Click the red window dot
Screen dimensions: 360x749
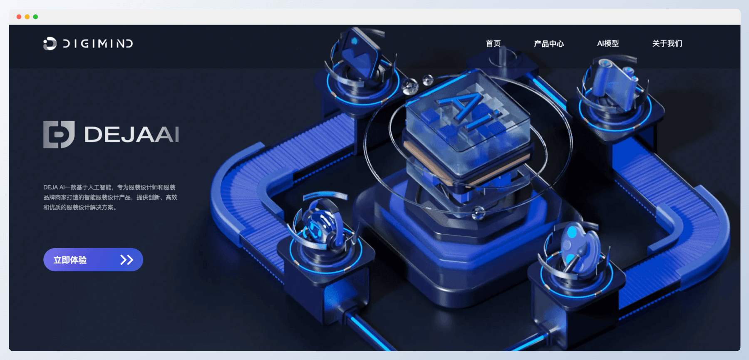pyautogui.click(x=19, y=17)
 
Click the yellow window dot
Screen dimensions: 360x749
pyautogui.click(x=27, y=17)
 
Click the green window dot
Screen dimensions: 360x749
pyautogui.click(x=35, y=17)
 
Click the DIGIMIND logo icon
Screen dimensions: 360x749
pyautogui.click(x=50, y=43)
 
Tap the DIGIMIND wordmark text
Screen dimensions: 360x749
pyautogui.click(x=98, y=44)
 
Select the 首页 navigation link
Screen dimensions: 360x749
pyautogui.click(x=493, y=43)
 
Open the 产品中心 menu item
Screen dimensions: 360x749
pyautogui.click(x=549, y=44)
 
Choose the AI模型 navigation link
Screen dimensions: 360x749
pyautogui.click(x=608, y=43)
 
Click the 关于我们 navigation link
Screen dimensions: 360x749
pyautogui.click(x=667, y=43)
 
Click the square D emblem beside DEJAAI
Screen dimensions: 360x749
pyautogui.click(x=59, y=134)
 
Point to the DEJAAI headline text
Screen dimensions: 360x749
pyautogui.click(x=132, y=134)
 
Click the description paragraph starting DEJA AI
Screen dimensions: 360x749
pyautogui.click(x=110, y=197)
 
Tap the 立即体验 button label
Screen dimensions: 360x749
pyautogui.click(x=70, y=260)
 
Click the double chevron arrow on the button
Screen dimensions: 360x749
pyautogui.click(x=126, y=260)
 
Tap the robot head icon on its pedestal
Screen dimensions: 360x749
pyautogui.click(x=321, y=227)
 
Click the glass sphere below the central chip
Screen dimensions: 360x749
pyautogui.click(x=479, y=213)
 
